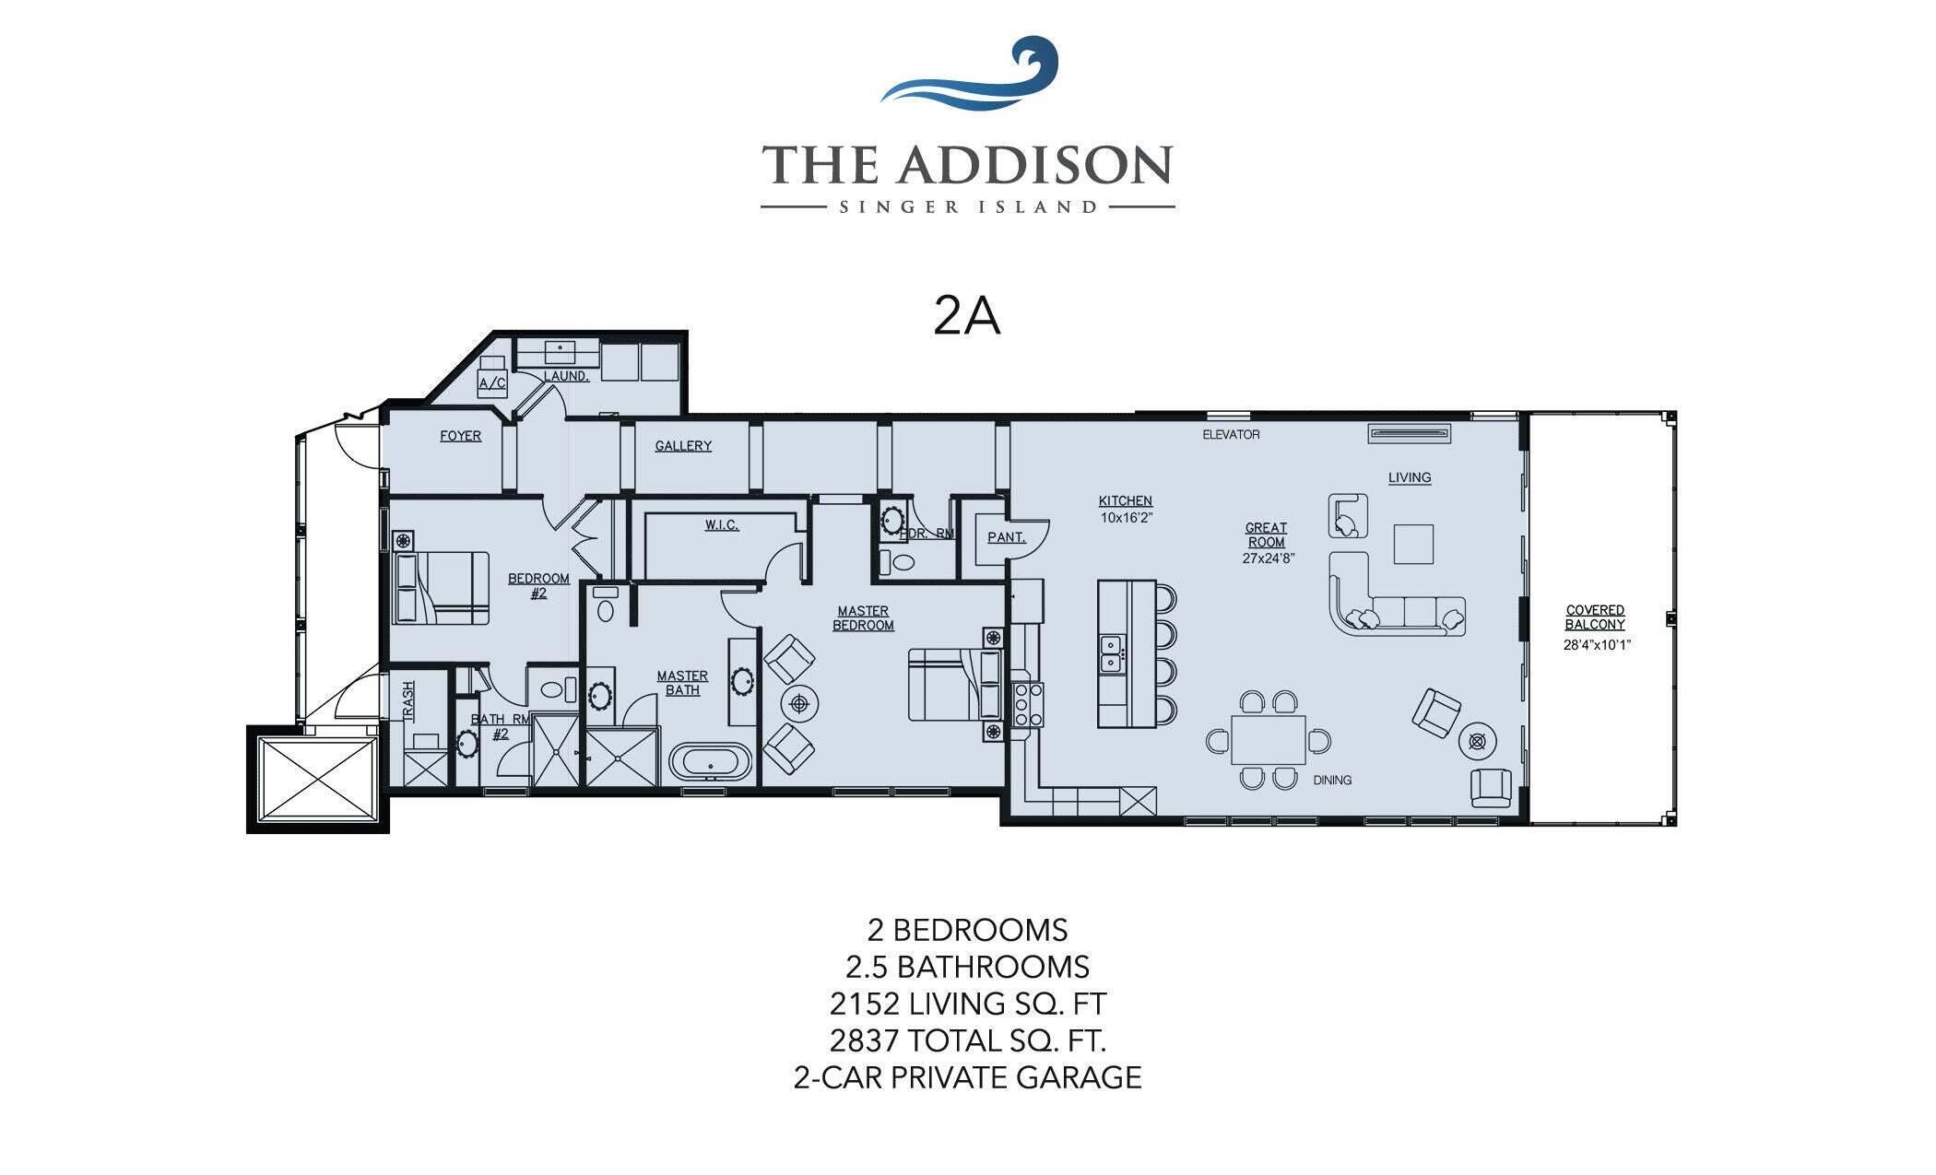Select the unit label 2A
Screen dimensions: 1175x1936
click(966, 317)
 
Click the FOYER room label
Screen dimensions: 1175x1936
click(460, 436)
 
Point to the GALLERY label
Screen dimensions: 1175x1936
click(683, 446)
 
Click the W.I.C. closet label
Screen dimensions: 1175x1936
click(722, 525)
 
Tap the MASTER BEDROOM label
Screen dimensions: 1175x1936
click(863, 617)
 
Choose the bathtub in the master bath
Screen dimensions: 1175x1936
click(711, 763)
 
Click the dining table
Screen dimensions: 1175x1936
click(1269, 740)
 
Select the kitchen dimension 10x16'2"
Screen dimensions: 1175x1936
click(1126, 518)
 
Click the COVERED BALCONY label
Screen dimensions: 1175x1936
click(1595, 617)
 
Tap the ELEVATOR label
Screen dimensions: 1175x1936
click(1231, 434)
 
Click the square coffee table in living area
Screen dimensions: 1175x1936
click(1413, 544)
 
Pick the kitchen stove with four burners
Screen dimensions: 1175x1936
click(1027, 705)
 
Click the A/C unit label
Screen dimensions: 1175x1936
click(492, 382)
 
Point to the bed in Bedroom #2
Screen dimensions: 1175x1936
click(441, 588)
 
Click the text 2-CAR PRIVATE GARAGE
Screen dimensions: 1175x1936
click(967, 1077)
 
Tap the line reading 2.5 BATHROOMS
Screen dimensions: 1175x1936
click(967, 967)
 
